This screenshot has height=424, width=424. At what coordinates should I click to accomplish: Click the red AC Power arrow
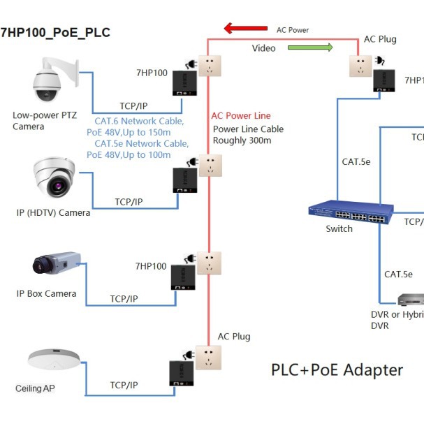pyautogui.click(x=246, y=29)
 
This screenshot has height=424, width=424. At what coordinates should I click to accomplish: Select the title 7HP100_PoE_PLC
pyautogui.click(x=55, y=33)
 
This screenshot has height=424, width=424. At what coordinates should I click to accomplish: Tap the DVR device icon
pyautogui.click(x=410, y=300)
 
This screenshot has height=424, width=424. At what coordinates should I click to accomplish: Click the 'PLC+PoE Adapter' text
pyautogui.click(x=337, y=370)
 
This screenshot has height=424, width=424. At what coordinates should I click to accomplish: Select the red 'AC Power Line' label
pyautogui.click(x=241, y=115)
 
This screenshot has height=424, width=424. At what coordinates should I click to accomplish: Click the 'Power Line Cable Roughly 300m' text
pyautogui.click(x=248, y=135)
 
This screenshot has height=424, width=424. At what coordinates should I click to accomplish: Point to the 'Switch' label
pyautogui.click(x=339, y=229)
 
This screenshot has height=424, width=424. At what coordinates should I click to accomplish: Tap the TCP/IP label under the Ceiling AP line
pyautogui.click(x=124, y=385)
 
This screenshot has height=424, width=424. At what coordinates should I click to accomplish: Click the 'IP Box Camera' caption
pyautogui.click(x=46, y=293)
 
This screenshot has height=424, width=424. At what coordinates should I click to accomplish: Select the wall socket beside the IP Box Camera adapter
pyautogui.click(x=209, y=263)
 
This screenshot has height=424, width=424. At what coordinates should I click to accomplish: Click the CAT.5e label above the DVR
pyautogui.click(x=398, y=275)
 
